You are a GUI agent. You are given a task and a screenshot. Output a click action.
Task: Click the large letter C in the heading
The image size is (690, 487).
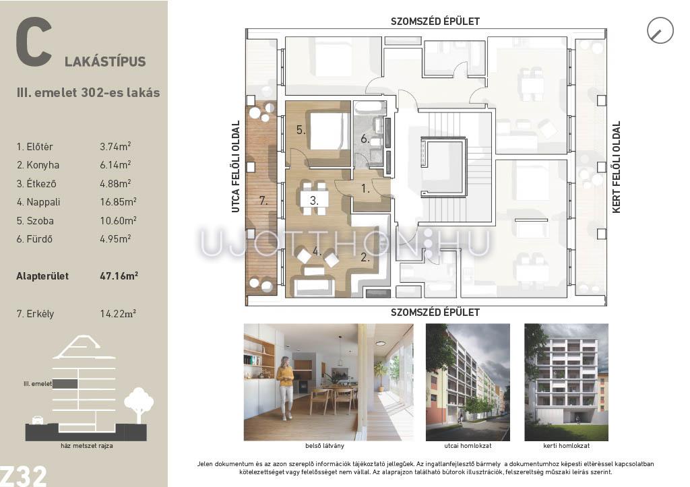pyautogui.click(x=34, y=42)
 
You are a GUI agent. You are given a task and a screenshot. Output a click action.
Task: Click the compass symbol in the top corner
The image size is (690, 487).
pyautogui.click(x=660, y=30)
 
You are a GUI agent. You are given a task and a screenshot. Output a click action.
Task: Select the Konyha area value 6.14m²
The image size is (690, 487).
pyautogui.click(x=115, y=164)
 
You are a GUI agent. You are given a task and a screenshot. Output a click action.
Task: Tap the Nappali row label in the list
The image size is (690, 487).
pyautogui.click(x=38, y=202)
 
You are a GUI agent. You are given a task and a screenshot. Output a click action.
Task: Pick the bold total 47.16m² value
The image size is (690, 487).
pyautogui.click(x=119, y=276)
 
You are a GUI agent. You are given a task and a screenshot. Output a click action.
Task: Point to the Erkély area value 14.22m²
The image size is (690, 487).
pyautogui.click(x=118, y=314)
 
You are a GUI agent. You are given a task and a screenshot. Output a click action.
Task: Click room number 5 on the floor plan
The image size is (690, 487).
pyautogui.click(x=301, y=130)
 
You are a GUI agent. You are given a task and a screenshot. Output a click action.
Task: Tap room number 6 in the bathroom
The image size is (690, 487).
pyautogui.click(x=365, y=139)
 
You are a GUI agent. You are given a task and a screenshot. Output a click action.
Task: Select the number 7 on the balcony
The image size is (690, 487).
pyautogui.click(x=263, y=201)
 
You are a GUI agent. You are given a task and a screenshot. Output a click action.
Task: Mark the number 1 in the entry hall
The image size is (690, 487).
pyautogui.click(x=365, y=189)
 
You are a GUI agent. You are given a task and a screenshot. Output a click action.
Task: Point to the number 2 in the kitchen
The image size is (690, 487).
pyautogui.click(x=365, y=257)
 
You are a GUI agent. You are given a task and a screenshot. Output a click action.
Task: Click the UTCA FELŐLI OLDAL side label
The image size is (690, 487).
pyautogui.click(x=236, y=167)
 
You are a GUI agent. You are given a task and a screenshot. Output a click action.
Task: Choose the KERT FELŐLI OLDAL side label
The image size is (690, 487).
pyautogui.click(x=616, y=167)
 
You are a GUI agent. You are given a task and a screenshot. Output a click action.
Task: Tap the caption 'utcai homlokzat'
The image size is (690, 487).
pyautogui.click(x=468, y=446)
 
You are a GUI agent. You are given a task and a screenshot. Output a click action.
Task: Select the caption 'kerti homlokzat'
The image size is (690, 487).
pyautogui.click(x=566, y=446)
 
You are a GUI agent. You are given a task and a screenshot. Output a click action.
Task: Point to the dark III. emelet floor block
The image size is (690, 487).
pyautogui.click(x=65, y=384)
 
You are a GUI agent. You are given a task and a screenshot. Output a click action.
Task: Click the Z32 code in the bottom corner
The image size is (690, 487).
pyautogui.click(x=23, y=476)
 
